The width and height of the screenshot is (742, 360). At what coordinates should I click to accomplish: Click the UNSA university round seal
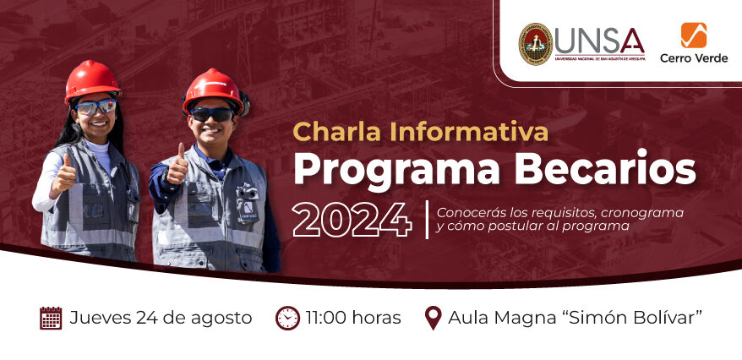pos(535,44)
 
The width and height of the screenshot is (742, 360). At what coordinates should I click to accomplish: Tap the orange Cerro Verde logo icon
pos(693,35)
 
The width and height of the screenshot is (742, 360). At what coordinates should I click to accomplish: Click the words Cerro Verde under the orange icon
pos(694,58)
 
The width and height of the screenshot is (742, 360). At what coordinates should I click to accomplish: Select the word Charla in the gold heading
pos(330,132)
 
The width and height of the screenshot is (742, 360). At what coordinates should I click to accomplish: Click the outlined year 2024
pos(352,220)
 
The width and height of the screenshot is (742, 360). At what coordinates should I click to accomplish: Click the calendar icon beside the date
pos(51,318)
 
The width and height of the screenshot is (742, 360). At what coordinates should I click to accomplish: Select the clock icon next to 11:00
pos(287,318)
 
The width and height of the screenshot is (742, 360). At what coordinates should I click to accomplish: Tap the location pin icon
pos(433,318)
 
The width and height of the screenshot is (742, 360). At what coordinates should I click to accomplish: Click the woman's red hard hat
pos(92,80)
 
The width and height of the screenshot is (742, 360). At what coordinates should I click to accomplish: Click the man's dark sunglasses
pos(212,114)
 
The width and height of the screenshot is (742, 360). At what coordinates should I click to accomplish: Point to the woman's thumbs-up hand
pos(65,174)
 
